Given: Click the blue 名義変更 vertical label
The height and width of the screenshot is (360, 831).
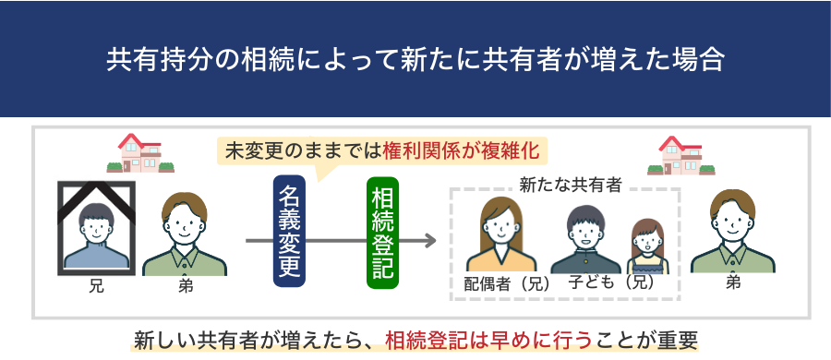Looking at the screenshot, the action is (x=289, y=231).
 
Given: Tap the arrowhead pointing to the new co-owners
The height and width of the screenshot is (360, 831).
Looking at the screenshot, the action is (x=429, y=241).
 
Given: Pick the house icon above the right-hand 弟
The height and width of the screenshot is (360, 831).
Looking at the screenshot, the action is (x=681, y=155).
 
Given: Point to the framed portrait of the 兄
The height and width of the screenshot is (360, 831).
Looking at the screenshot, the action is (x=96, y=228).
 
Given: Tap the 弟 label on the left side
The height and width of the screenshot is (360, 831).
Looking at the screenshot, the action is (x=186, y=287).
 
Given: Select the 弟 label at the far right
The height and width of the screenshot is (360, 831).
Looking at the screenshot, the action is (x=733, y=283).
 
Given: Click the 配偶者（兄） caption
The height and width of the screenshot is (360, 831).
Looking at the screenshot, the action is (x=507, y=284).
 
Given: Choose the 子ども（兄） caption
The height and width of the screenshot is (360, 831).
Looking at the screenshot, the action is (x=611, y=282).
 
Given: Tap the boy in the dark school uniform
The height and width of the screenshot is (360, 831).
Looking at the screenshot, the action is (x=585, y=240).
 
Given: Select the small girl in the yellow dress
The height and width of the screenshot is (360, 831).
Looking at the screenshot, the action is (x=647, y=246).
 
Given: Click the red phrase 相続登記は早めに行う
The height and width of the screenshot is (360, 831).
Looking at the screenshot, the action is (x=488, y=341).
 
